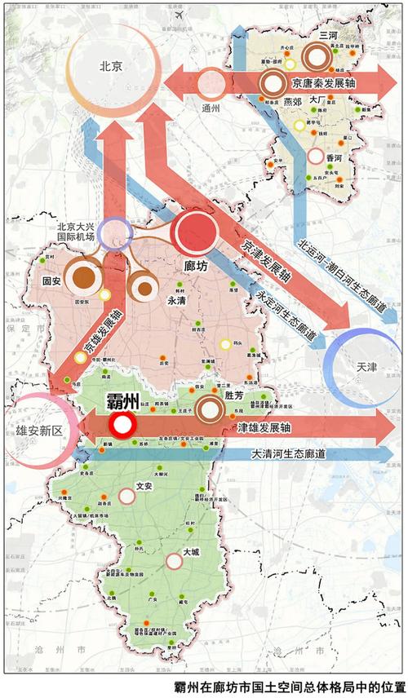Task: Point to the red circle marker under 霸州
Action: pyautogui.click(x=123, y=424)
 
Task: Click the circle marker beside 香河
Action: pyautogui.click(x=316, y=155)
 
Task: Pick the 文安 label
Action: pyautogui.click(x=144, y=486)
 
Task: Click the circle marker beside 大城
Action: pyautogui.click(x=173, y=561)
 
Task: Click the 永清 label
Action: pyautogui.click(x=178, y=299)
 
